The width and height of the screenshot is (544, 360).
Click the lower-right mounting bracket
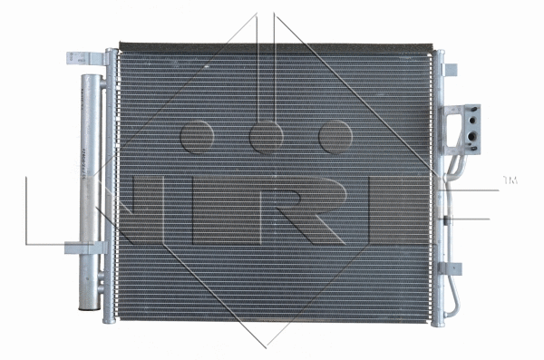(x=451, y=268)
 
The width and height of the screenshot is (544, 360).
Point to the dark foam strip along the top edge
(x=272, y=45)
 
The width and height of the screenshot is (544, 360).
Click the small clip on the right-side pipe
(x=447, y=220)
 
